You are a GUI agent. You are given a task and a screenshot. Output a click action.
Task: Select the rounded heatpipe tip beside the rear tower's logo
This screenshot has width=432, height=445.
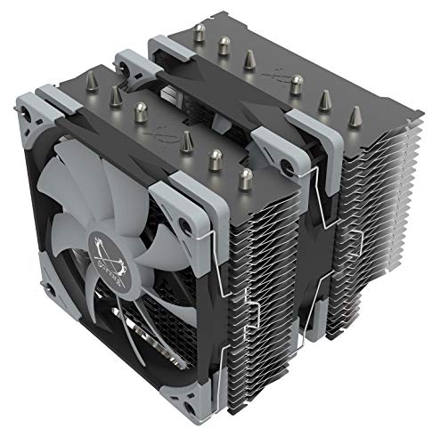(297, 85)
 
